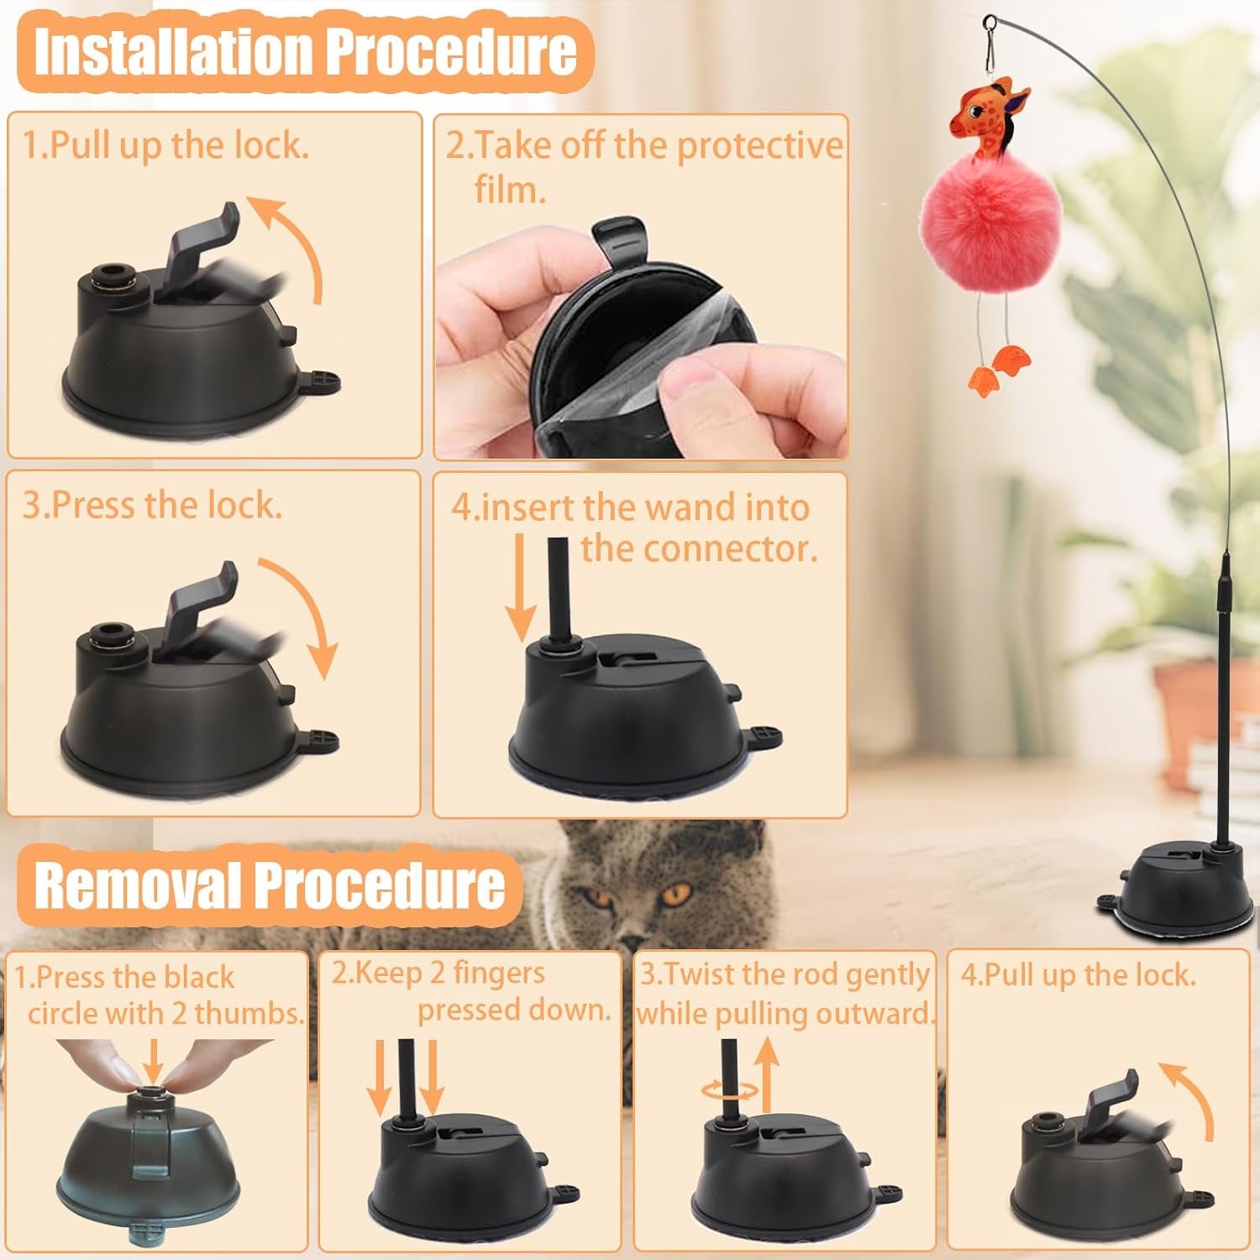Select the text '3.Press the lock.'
coord(152,506)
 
